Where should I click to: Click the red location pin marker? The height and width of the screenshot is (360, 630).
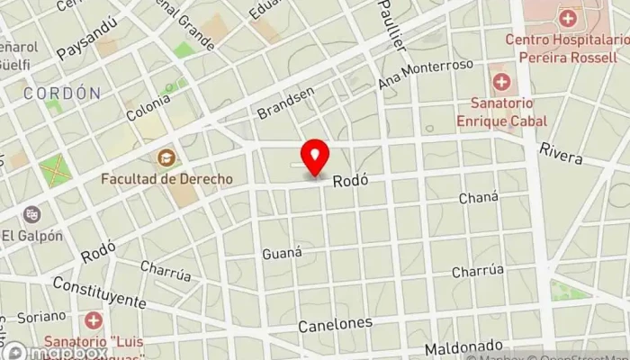(314, 157)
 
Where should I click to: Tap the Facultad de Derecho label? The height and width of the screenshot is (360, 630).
(166, 178)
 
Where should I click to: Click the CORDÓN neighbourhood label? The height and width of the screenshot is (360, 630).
(62, 93)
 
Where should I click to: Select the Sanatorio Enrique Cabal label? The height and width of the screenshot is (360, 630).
(501, 112)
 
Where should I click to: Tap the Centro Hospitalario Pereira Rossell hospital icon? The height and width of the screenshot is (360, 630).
(567, 17)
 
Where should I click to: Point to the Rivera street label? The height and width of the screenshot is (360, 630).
(562, 153)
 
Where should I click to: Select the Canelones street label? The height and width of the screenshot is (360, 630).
(335, 323)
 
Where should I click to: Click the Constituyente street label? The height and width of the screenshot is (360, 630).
(99, 292)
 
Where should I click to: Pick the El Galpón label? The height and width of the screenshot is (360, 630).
(31, 236)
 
